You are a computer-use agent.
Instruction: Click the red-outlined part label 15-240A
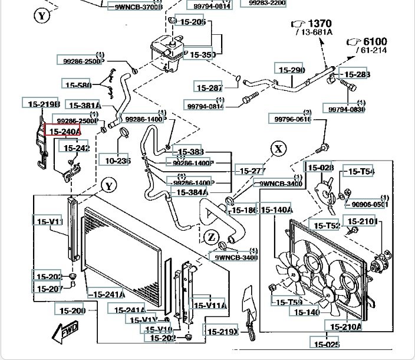(64, 132)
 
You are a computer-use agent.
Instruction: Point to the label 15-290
(291, 70)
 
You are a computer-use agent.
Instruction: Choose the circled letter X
(278, 148)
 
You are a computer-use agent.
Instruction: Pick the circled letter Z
(211, 237)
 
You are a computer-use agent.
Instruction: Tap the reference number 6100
(374, 41)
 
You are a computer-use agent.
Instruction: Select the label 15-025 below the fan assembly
(326, 343)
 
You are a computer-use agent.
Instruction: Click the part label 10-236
(117, 160)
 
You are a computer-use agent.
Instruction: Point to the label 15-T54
(361, 172)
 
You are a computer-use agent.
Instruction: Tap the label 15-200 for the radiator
(71, 310)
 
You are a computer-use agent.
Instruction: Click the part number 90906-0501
(370, 204)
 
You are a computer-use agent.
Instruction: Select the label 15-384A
(192, 192)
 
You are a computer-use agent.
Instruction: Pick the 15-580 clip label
(77, 84)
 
